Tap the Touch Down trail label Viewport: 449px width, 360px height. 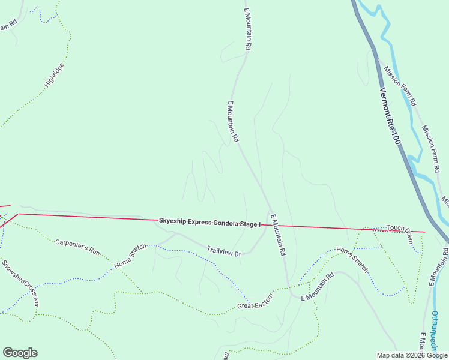coord(400,232)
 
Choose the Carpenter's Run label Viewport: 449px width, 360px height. coord(77,247)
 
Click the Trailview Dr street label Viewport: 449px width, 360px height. coord(224,251)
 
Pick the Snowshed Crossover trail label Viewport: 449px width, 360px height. coord(20,283)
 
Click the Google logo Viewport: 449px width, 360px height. coord(20,353)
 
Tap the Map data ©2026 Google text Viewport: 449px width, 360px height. coord(412,355)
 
